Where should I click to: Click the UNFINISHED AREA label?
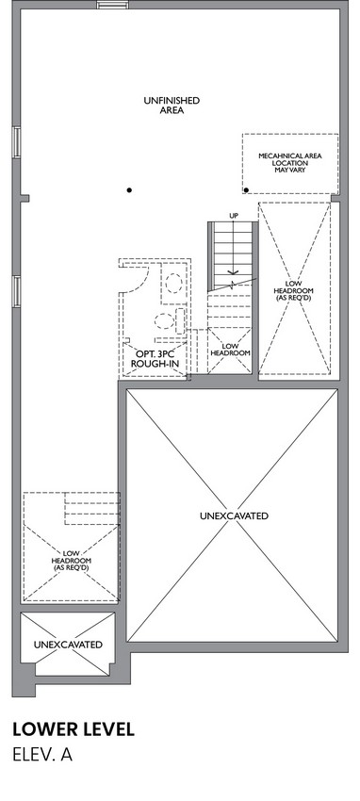coord(172,106)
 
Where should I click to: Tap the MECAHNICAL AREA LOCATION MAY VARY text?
coord(290,162)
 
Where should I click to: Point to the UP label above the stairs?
coord(234,216)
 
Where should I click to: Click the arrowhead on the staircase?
coord(234,272)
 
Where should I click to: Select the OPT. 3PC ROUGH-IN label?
coord(155,359)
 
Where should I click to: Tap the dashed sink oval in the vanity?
coord(174,283)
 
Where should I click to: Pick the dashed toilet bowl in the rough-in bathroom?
coord(164,321)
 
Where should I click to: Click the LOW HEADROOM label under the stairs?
coord(230,350)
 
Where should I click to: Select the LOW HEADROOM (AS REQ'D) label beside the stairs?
coord(294,291)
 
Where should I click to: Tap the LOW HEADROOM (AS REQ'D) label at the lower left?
coord(71,561)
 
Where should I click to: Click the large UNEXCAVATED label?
coord(234,516)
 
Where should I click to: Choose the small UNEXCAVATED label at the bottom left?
coord(68,645)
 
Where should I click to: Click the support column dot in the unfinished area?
coord(129,190)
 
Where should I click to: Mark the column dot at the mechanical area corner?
coord(246,190)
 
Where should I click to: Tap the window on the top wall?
coord(112,5)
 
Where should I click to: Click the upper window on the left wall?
coord(17,141)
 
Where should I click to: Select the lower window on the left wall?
coord(17,291)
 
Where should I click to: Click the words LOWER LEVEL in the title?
coord(74,729)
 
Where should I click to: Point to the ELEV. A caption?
coord(42,755)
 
